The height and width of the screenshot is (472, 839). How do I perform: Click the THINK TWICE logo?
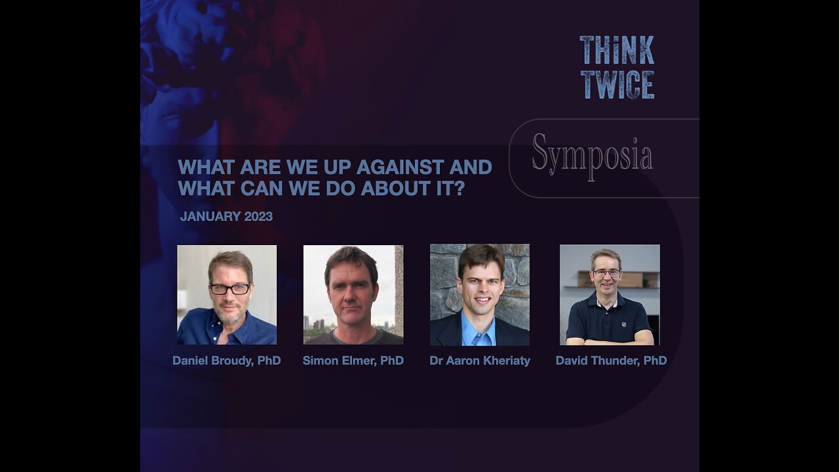click(617, 68)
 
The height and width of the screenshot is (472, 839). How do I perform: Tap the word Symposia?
click(592, 155)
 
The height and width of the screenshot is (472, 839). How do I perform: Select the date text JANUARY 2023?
click(226, 216)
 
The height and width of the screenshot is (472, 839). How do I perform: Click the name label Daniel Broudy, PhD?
click(227, 361)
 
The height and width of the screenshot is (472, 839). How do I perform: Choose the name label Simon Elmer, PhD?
click(353, 361)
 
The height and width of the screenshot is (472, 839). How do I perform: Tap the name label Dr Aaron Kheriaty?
click(480, 361)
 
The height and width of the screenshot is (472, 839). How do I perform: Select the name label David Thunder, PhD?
click(611, 361)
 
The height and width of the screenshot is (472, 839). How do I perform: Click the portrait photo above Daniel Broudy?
click(227, 295)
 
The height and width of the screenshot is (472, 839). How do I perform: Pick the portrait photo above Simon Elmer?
click(353, 295)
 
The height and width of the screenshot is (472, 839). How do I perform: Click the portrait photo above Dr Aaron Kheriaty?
click(480, 295)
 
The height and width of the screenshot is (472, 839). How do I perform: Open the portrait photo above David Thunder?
click(610, 295)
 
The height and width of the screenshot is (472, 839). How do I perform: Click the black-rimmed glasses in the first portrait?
click(229, 288)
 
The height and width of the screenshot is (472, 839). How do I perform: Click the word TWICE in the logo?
click(617, 85)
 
